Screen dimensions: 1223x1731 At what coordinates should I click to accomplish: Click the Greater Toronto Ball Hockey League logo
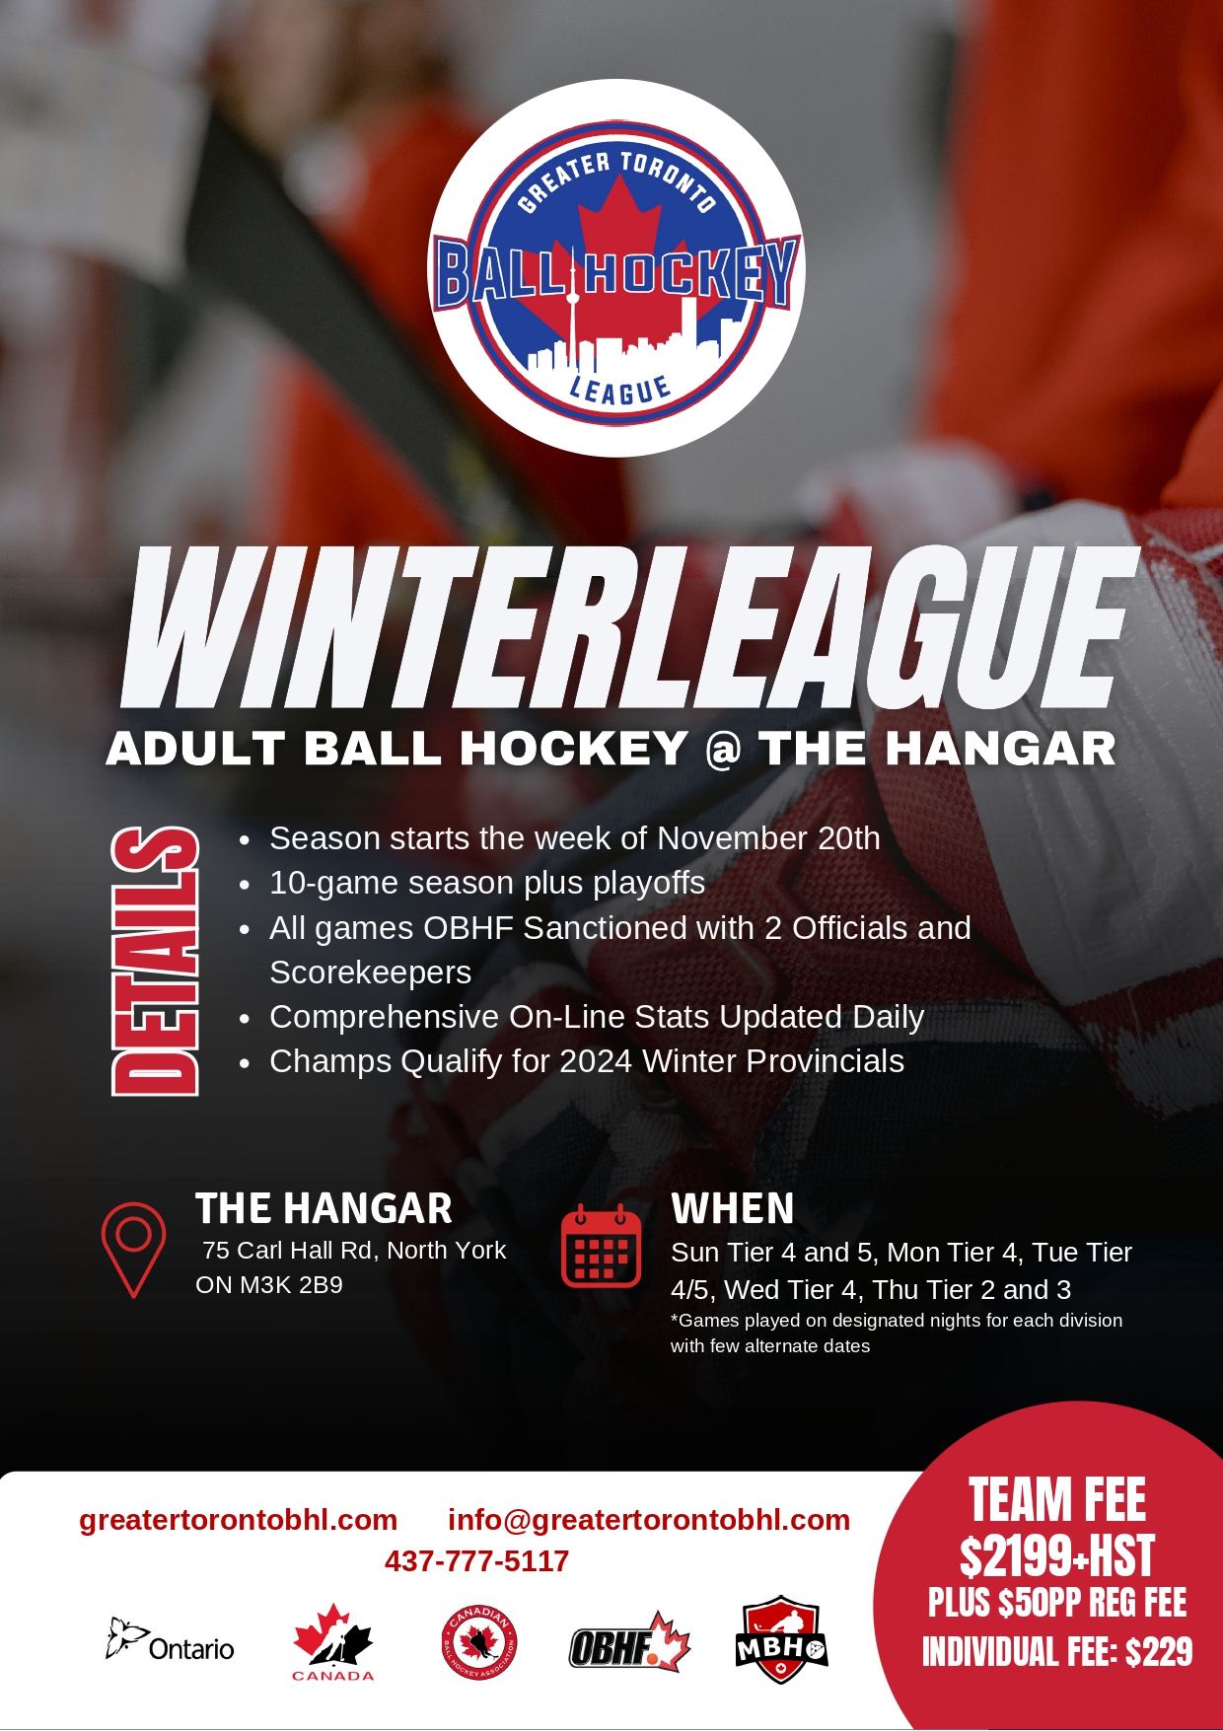coord(616,268)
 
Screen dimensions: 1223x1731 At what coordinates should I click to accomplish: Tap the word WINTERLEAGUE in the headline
coord(629,627)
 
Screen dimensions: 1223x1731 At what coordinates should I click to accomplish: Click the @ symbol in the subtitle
coord(723,749)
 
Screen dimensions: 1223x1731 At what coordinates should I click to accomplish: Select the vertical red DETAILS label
coord(155,961)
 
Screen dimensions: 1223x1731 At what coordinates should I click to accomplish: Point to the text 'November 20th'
coord(768,838)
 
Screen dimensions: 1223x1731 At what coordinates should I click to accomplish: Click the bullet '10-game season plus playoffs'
coord(487,883)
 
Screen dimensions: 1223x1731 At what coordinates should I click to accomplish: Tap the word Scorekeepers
coord(371,973)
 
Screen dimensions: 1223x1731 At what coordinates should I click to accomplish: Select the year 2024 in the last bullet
coord(596,1061)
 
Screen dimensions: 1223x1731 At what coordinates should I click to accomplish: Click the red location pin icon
coord(133,1250)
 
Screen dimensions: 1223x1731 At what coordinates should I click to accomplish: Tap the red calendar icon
coord(601,1246)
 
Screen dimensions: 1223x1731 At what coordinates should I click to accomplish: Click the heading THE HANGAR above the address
coord(324,1208)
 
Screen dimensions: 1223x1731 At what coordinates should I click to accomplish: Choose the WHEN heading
coord(733,1208)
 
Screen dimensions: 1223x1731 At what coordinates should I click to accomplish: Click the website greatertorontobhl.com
coord(239,1520)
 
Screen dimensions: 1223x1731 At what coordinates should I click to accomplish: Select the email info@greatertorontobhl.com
coord(649,1520)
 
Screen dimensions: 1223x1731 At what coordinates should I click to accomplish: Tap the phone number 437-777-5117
coord(476,1561)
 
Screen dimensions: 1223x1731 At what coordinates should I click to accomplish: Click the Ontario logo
coord(170,1641)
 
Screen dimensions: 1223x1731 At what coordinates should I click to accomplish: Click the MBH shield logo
coord(781,1639)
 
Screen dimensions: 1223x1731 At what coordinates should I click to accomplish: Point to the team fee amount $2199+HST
coord(1057,1557)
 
